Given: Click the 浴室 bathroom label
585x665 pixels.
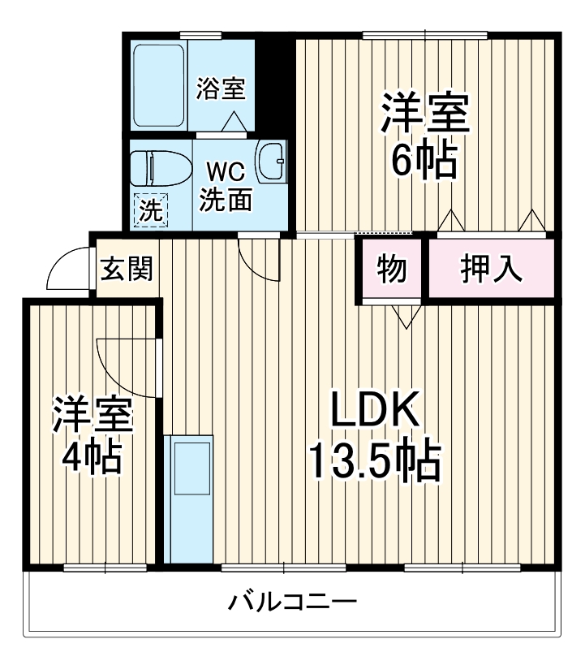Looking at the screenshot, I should click(221, 89).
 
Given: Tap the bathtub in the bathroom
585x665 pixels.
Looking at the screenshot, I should click(159, 84).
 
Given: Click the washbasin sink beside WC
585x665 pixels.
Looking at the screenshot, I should click(270, 162).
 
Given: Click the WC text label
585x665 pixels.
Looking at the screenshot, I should click(223, 173).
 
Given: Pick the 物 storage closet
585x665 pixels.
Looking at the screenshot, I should click(392, 270).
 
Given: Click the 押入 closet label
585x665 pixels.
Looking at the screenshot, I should click(491, 270).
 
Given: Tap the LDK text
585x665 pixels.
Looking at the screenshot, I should click(374, 413).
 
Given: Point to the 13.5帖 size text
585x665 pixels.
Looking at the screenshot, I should click(374, 462).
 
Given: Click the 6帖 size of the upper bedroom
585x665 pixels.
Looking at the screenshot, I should click(424, 161).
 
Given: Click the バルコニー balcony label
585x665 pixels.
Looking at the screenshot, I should click(292, 603).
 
